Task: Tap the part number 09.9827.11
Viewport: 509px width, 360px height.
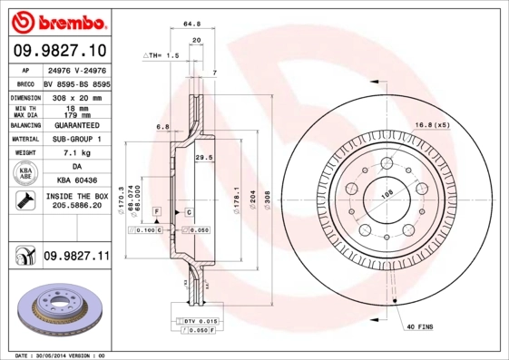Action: (x=75, y=257)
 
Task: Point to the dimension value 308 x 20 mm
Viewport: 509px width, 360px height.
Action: (x=75, y=96)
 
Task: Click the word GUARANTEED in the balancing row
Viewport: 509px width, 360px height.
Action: (x=75, y=124)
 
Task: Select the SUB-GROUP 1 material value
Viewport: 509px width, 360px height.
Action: (x=75, y=139)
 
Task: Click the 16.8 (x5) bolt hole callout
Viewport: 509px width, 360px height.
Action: (x=432, y=124)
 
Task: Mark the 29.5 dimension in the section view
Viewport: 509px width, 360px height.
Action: (x=204, y=157)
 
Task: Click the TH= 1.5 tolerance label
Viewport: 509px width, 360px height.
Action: (x=163, y=55)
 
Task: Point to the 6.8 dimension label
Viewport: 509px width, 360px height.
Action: (x=162, y=127)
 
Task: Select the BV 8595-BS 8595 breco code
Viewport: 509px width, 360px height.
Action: (x=75, y=82)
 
